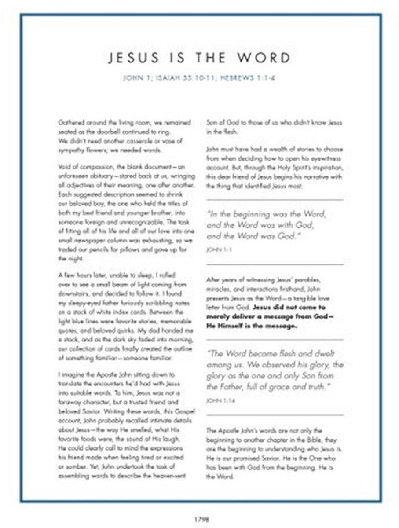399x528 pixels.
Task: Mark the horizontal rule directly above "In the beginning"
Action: coord(275,200)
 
